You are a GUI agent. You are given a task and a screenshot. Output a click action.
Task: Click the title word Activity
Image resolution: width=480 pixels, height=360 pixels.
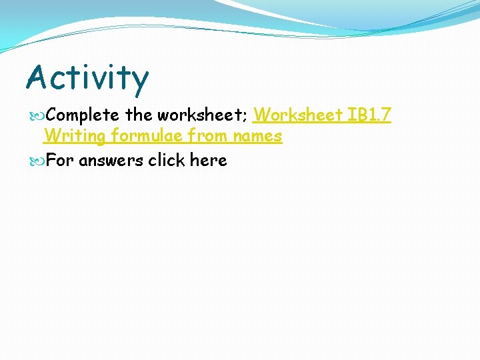(87, 77)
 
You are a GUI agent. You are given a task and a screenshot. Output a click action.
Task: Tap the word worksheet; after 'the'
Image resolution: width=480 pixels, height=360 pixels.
(202, 115)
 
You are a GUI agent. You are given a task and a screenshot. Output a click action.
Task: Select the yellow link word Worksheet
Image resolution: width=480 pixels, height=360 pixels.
(297, 115)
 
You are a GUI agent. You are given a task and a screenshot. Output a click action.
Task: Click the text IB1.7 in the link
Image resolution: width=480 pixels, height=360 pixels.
(368, 115)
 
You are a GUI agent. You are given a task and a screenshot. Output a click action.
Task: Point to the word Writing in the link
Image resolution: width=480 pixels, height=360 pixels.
(74, 137)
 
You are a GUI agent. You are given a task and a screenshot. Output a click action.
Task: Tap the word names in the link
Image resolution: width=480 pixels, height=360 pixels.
(257, 137)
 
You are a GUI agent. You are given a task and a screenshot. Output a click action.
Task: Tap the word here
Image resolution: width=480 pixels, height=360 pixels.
(209, 161)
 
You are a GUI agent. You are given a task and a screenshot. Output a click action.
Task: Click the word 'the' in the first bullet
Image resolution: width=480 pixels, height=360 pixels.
(139, 115)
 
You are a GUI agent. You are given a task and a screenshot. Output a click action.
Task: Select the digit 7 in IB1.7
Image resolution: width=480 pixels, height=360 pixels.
(385, 115)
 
